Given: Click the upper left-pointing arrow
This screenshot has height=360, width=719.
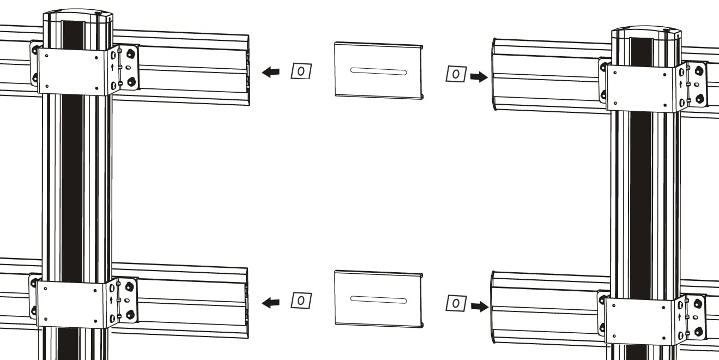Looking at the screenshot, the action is click(270, 72).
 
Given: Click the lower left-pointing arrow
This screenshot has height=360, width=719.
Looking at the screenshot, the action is click(270, 303).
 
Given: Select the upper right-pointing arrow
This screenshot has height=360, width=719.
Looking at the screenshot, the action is click(479, 77).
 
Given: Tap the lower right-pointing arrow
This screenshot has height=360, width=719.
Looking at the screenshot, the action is click(480, 307).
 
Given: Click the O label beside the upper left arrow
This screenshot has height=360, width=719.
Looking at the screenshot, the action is click(301, 71).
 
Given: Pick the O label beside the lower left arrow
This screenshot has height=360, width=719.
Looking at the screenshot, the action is click(301, 301).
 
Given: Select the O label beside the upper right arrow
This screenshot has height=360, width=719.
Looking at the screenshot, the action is click(456, 74).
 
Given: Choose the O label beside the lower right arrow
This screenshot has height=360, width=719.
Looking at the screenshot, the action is click(456, 303).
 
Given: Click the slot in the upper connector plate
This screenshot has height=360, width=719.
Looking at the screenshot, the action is click(378, 71).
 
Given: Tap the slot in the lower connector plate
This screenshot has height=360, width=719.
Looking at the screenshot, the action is click(378, 299).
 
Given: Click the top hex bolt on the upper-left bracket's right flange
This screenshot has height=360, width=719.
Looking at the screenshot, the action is click(130, 53).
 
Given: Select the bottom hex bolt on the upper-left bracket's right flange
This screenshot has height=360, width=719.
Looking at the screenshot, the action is click(131, 82).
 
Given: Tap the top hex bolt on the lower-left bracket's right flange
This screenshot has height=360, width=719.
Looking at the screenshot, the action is click(129, 286).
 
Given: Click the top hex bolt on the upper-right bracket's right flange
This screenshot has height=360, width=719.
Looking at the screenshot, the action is click(699, 71).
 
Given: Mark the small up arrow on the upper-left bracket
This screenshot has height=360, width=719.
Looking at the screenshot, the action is click(112, 67).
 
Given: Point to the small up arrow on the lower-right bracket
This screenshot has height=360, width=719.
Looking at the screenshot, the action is click(680, 317).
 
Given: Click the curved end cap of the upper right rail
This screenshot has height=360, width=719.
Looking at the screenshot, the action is click(494, 74).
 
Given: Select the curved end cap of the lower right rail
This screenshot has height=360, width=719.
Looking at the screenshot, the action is click(493, 307).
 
